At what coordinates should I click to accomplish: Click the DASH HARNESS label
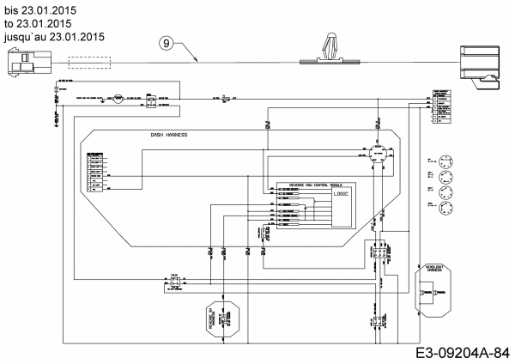(x=168, y=135)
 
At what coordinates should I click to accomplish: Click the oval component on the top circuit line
(x=119, y=99)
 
